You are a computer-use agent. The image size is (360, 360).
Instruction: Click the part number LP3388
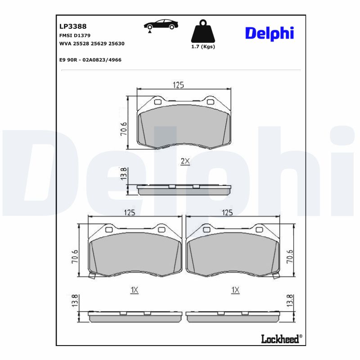coord(70,27)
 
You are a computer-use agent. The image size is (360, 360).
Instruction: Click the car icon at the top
coord(159,26)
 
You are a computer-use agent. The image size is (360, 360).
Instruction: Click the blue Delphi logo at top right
coord(269,32)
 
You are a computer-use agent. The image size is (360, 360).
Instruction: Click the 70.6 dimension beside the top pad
coord(124,130)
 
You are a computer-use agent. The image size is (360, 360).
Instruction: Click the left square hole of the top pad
coord(157,102)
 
